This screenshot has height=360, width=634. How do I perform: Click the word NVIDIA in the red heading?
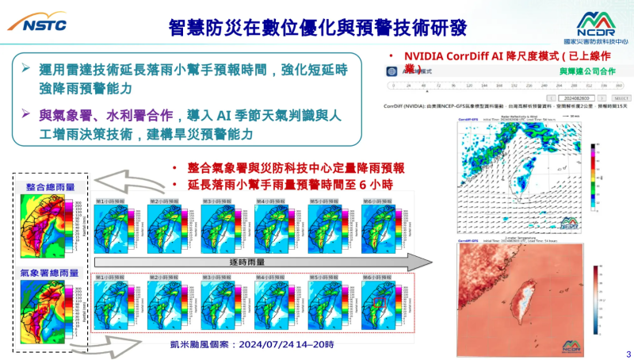[x=428, y=56]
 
